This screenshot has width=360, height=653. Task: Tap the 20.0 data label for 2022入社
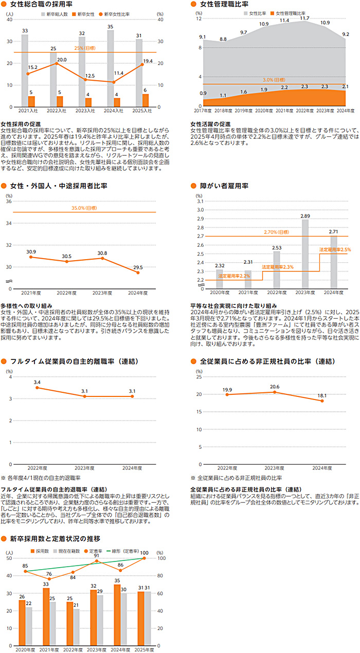tap(62, 60)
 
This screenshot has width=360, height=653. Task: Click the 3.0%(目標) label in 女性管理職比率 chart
tap(274, 80)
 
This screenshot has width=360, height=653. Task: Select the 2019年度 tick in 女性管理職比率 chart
tap(243, 111)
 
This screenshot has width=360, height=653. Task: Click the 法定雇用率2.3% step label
tap(277, 267)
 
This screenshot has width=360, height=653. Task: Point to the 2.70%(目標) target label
tap(277, 232)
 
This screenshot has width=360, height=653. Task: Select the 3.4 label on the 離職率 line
tap(37, 382)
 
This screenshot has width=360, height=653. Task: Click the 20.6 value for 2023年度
tap(275, 387)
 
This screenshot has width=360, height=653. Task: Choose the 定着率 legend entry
tap(95, 551)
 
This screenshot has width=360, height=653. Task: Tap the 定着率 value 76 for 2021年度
tap(48, 574)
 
